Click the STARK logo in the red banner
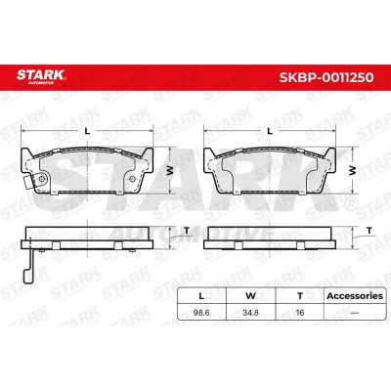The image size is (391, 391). coord(41,77)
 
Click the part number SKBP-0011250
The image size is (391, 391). coord(326,77)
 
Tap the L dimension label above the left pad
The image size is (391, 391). coord(87,131)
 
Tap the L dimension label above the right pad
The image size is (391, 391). coord(270,131)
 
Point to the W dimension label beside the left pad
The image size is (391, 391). coord(170,170)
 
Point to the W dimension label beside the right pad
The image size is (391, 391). coord(352,170)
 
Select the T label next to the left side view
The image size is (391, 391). coord(187,231)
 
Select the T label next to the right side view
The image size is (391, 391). coord(369,231)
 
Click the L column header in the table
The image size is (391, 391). coord(201,296)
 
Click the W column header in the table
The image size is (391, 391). coord(250,296)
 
